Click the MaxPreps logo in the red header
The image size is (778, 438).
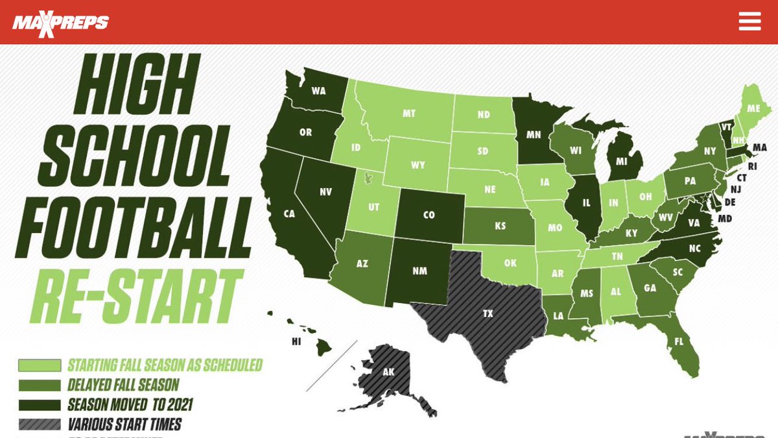(x=60, y=23)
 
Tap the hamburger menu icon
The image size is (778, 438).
(x=749, y=21)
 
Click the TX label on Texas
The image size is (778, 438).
(x=488, y=313)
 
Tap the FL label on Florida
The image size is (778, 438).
(x=678, y=341)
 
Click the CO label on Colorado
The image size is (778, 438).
(x=429, y=215)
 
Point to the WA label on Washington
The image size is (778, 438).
(x=318, y=91)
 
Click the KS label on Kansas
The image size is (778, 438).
(x=500, y=226)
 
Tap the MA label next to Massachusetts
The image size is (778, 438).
(x=760, y=148)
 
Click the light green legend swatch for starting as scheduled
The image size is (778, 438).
(x=40, y=365)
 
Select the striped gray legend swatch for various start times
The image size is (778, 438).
(x=40, y=426)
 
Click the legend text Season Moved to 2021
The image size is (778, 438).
(x=130, y=406)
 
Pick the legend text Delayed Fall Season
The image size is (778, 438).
(x=123, y=385)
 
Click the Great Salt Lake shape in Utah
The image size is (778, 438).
(x=368, y=177)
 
